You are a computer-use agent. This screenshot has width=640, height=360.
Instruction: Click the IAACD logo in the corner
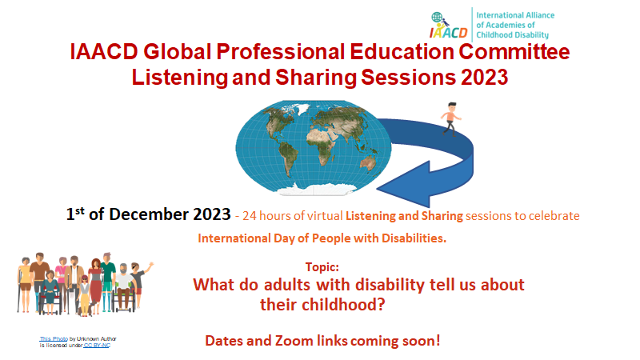pos(449,26)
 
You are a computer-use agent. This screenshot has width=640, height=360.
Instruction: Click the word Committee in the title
pos(514,52)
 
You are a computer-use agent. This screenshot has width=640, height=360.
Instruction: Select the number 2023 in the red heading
pos(485,77)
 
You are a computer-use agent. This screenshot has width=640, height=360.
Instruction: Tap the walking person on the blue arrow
pos(450,118)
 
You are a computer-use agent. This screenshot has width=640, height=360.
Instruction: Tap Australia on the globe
pos(368,162)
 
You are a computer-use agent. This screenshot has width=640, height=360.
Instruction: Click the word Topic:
pos(322,267)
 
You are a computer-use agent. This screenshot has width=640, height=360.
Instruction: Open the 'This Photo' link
pos(54,338)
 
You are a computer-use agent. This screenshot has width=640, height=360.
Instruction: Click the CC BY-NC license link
pos(97,346)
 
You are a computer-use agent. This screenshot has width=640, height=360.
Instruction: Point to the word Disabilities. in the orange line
pos(414,238)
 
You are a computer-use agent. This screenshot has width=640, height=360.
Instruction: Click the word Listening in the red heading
pos(179,78)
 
